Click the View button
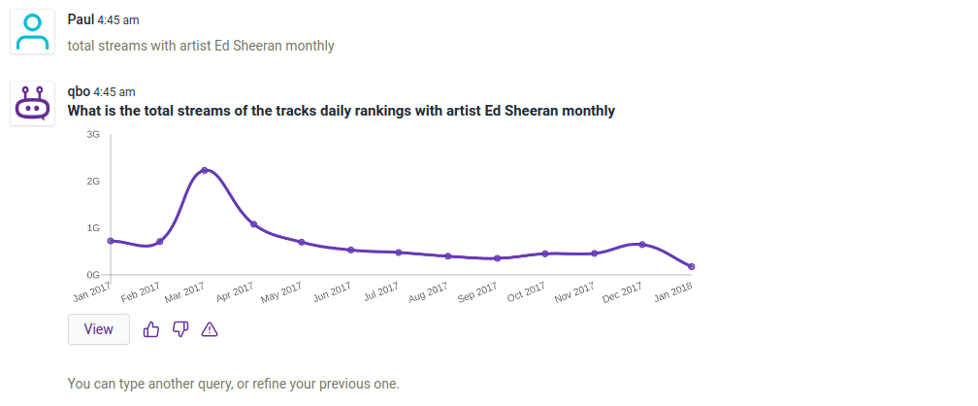pyautogui.click(x=99, y=329)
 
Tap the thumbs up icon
pyautogui.click(x=151, y=329)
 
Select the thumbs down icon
pyautogui.click(x=180, y=329)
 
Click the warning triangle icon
pyautogui.click(x=210, y=329)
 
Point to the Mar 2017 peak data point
pyautogui.click(x=204, y=170)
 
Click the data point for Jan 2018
pyautogui.click(x=691, y=266)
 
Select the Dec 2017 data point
pyautogui.click(x=642, y=245)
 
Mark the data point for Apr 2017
pyautogui.click(x=253, y=224)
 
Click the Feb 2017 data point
pyautogui.click(x=160, y=241)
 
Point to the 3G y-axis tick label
pyautogui.click(x=93, y=134)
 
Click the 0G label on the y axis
pyautogui.click(x=93, y=275)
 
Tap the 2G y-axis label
pyautogui.click(x=93, y=182)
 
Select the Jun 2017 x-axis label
pyautogui.click(x=333, y=292)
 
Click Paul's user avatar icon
pyautogui.click(x=34, y=34)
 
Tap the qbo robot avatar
pyautogui.click(x=34, y=103)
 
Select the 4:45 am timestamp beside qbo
pyautogui.click(x=114, y=92)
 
